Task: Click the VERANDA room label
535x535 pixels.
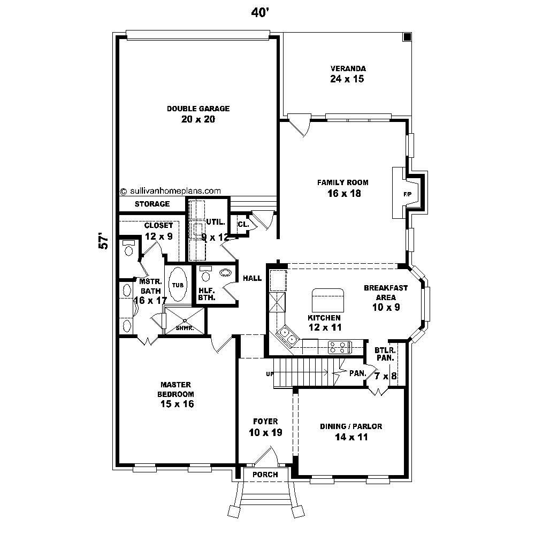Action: (348, 68)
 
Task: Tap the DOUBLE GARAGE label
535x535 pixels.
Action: (198, 109)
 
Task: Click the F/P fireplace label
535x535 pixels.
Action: (407, 194)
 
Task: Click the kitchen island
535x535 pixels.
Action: (328, 299)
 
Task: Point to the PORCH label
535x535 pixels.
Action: (265, 475)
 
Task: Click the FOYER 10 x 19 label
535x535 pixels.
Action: (265, 427)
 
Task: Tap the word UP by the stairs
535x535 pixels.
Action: (269, 373)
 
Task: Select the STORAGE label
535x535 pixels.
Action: (152, 204)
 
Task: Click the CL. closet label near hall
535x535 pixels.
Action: (242, 225)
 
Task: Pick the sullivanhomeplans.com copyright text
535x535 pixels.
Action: (170, 190)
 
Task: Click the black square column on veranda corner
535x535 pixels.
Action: (407, 37)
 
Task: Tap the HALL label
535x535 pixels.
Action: (252, 278)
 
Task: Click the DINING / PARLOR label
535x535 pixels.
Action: (351, 426)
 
